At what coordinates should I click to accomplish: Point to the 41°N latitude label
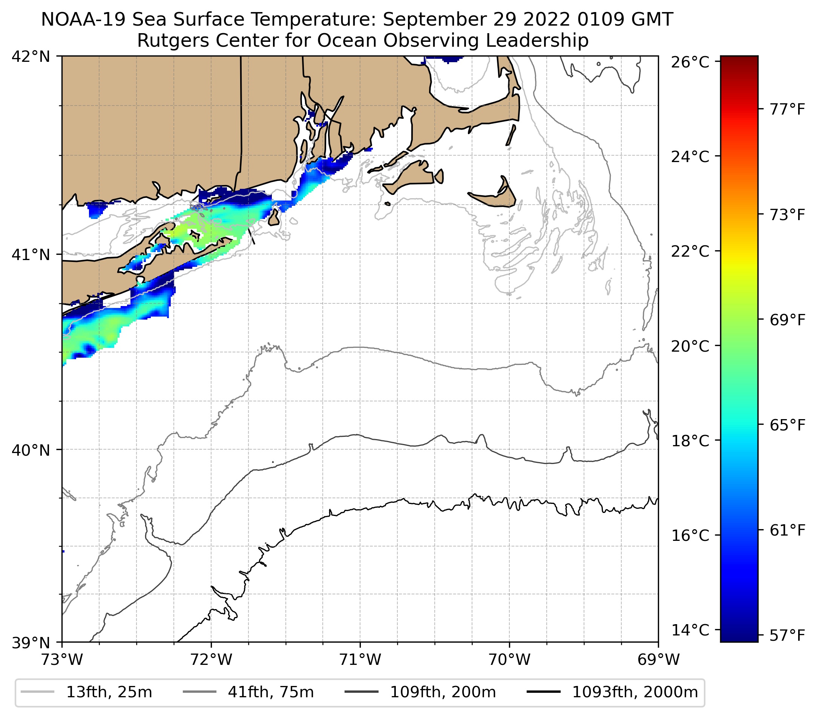[x=31, y=254]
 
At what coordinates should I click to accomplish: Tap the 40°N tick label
[x=31, y=450]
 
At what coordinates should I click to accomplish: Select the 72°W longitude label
[x=211, y=660]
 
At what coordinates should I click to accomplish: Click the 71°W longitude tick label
[x=360, y=660]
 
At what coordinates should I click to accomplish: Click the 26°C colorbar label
[x=690, y=63]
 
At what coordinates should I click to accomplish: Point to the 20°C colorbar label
[x=690, y=346]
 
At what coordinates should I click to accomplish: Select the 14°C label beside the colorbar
[x=690, y=630]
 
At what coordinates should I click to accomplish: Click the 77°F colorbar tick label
[x=787, y=109]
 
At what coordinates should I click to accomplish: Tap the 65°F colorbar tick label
[x=787, y=425]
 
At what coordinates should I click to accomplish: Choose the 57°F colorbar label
[x=787, y=635]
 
